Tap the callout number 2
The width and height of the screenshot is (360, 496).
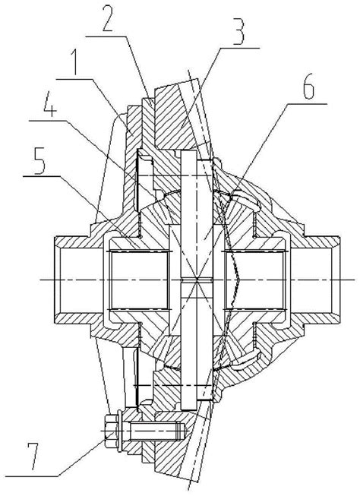pyautogui.click(x=108, y=19)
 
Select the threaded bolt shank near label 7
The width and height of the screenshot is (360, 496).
pyautogui.click(x=154, y=431)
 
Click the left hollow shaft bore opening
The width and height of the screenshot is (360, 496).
pyautogui.click(x=80, y=280)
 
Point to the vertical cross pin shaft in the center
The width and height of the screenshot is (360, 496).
pyautogui.click(x=197, y=280)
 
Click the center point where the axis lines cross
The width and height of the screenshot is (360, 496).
pyautogui.click(x=197, y=280)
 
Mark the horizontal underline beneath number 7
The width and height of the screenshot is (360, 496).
pyautogui.click(x=32, y=475)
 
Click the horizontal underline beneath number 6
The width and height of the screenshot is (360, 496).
pyautogui.click(x=307, y=103)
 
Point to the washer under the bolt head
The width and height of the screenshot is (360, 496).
pyautogui.click(x=119, y=431)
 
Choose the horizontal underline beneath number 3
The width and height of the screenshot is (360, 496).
pyautogui.click(x=240, y=48)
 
